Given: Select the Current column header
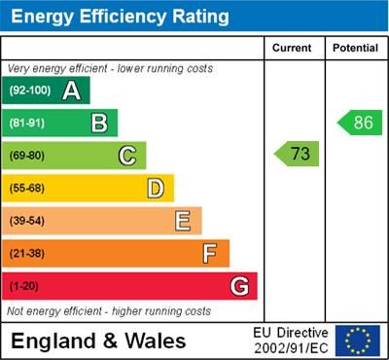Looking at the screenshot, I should click(x=292, y=48).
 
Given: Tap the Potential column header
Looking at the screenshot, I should click(x=355, y=48).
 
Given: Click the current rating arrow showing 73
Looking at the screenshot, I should click(x=298, y=154).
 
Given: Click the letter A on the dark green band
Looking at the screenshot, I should click(x=71, y=90).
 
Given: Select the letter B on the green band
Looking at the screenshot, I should click(x=99, y=123).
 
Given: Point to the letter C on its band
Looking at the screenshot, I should click(x=127, y=155).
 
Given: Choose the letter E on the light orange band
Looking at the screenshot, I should click(x=183, y=221).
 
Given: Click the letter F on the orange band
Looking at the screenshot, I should click(x=210, y=254).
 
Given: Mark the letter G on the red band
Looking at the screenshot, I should click(x=238, y=287).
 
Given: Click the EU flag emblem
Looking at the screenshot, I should click(x=357, y=341).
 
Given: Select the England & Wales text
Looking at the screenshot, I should click(x=99, y=341).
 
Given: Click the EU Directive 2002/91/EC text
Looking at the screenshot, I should click(x=291, y=341).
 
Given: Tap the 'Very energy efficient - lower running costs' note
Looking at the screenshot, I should click(x=110, y=69).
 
